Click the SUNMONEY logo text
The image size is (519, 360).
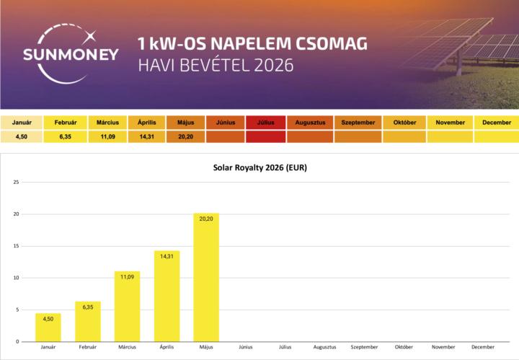pyautogui.click(x=71, y=55)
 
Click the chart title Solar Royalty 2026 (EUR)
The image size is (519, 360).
pyautogui.click(x=259, y=167)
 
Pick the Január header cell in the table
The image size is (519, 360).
pyautogui.click(x=22, y=123)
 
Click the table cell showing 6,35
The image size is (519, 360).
pyautogui.click(x=65, y=136)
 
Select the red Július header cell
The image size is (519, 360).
pyautogui.click(x=265, y=123)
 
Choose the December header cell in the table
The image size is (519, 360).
pyautogui.click(x=497, y=123)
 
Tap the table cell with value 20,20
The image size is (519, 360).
pyautogui.click(x=185, y=136)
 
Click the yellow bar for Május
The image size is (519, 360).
pyautogui.click(x=206, y=278)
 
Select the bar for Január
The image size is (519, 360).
pyautogui.click(x=48, y=328)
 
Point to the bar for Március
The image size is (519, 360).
pyautogui.click(x=127, y=307)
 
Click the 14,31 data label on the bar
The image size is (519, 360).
pyautogui.click(x=167, y=256)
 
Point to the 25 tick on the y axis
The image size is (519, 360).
pyautogui.click(x=16, y=182)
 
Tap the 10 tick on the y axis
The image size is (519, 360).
pyautogui.click(x=16, y=278)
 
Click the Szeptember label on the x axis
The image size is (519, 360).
pyautogui.click(x=364, y=347)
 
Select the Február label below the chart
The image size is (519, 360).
pyautogui.click(x=88, y=347)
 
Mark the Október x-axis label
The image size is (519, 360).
pyautogui.click(x=404, y=347)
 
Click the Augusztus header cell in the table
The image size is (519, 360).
pyautogui.click(x=310, y=123)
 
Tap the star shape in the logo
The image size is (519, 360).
pyautogui.click(x=90, y=36)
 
